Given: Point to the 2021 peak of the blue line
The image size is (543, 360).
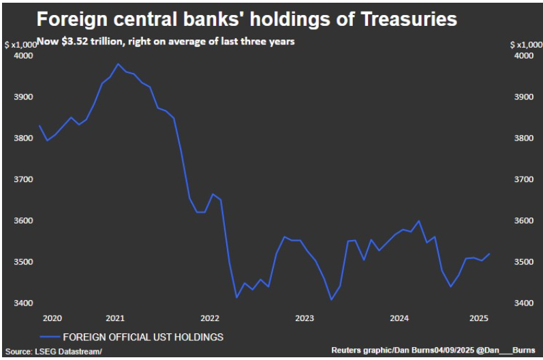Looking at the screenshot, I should click(118, 64).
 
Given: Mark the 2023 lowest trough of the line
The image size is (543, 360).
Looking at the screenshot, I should click(331, 299).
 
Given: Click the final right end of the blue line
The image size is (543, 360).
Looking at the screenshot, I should click(490, 254).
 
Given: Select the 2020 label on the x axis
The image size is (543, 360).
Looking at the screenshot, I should click(52, 318).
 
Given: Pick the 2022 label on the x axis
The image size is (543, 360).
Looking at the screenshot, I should click(209, 318).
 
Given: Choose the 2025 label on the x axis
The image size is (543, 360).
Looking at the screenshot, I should click(478, 318).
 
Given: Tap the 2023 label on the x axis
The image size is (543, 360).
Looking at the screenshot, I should click(304, 318).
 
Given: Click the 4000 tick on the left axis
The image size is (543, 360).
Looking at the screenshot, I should click(23, 56).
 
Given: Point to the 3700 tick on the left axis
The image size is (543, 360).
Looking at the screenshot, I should click(23, 179).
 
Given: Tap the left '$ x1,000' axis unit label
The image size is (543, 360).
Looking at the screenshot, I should click(21, 44).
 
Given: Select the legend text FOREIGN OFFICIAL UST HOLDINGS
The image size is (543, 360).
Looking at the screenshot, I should click(142, 337).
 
